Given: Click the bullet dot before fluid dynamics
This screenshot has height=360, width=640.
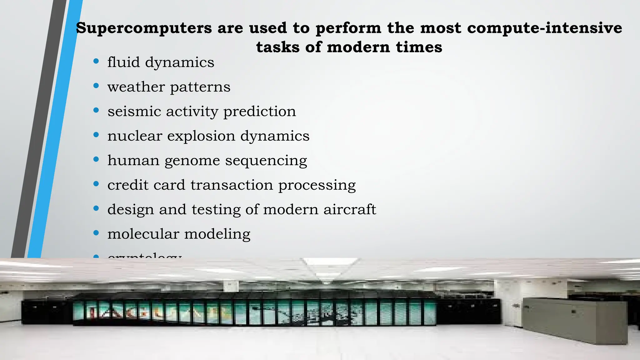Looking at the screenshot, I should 96,61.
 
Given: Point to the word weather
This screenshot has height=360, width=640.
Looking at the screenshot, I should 136,87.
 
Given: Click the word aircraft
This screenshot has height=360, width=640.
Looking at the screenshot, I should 350,209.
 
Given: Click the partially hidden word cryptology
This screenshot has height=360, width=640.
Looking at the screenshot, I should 144,256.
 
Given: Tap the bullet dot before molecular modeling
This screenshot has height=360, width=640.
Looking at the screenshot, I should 96,233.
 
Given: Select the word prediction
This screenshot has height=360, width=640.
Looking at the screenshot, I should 260,112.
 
